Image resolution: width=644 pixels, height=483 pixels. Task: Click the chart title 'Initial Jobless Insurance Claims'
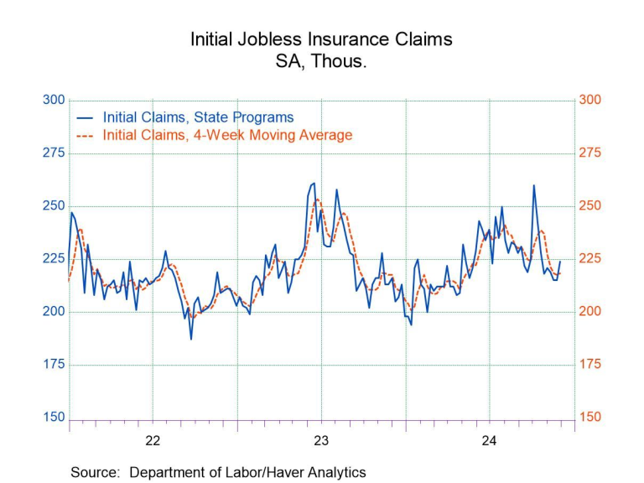click(321, 39)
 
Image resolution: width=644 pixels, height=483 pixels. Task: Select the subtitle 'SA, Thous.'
click(321, 62)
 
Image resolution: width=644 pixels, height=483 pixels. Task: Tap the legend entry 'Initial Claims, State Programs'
click(198, 117)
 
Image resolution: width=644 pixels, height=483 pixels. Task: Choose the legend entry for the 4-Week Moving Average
click(227, 135)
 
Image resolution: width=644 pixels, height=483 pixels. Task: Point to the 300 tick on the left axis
click(54, 100)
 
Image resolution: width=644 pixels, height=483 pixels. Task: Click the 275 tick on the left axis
click(54, 153)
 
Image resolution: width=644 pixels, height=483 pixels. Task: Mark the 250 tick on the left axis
click(54, 205)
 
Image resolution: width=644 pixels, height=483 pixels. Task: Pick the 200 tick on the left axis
click(54, 311)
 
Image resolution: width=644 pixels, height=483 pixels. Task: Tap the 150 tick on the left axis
click(54, 417)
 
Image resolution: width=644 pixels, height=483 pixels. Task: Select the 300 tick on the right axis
click(589, 100)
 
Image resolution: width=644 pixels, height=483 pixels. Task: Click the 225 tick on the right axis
click(589, 258)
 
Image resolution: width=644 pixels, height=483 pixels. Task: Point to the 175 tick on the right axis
click(589, 364)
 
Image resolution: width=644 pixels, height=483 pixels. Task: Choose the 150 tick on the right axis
click(589, 417)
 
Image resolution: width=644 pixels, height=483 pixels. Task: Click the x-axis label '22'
click(153, 440)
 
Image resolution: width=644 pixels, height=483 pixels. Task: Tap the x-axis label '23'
click(321, 440)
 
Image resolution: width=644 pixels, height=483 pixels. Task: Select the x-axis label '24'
click(490, 440)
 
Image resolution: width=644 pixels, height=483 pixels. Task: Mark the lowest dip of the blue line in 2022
click(191, 339)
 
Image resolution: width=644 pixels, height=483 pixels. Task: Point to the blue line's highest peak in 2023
click(314, 183)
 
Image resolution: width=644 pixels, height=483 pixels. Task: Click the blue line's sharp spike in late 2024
click(533, 185)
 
